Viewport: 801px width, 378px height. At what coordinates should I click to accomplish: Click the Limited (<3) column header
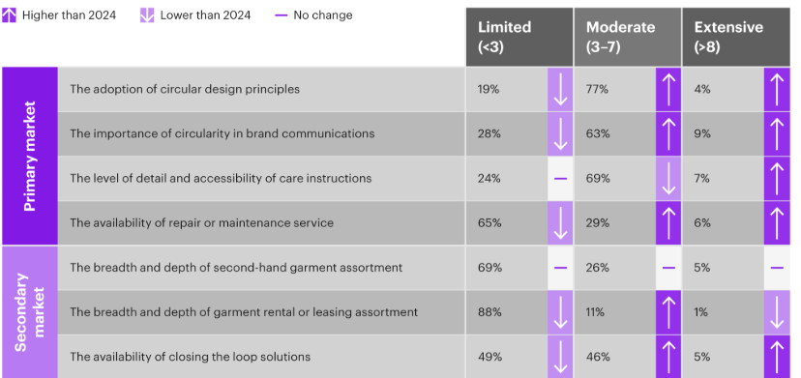(518, 38)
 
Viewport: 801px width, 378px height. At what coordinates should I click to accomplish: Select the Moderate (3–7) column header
(626, 38)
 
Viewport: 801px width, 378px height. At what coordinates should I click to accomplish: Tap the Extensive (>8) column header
(735, 38)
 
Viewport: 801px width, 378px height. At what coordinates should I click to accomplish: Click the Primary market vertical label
(30, 157)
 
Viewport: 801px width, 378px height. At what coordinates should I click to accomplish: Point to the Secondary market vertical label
(30, 311)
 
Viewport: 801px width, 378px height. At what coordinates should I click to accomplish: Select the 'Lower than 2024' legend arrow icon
(146, 15)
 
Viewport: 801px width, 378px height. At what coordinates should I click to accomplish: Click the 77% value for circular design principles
(597, 89)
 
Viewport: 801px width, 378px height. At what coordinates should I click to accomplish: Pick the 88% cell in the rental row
(489, 311)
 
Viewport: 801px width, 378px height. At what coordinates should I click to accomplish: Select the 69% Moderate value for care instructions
(597, 179)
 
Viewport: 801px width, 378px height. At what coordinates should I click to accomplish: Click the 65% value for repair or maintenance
(489, 222)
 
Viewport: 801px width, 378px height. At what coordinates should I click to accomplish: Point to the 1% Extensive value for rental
(702, 311)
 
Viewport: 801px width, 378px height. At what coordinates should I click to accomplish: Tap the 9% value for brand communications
(703, 133)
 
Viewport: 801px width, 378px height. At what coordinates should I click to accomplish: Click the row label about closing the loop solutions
(191, 356)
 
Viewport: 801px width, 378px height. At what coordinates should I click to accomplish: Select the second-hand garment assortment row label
(236, 267)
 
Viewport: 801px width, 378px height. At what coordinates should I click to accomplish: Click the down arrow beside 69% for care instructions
(668, 179)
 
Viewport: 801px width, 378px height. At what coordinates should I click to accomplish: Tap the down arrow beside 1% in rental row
(777, 311)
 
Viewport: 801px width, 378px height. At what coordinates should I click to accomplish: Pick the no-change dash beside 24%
(559, 179)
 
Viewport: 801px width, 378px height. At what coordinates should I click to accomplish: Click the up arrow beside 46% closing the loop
(668, 356)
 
